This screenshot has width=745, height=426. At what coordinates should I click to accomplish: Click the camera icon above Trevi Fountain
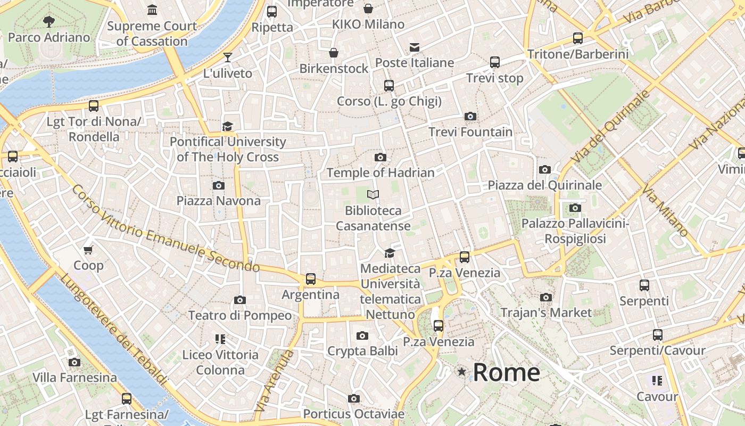[470, 116]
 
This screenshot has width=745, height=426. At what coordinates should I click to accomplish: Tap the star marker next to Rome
[461, 372]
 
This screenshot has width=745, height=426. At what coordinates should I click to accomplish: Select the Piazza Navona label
[218, 201]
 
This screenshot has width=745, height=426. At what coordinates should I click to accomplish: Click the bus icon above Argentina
[310, 278]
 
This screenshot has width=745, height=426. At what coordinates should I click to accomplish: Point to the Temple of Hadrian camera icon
[380, 157]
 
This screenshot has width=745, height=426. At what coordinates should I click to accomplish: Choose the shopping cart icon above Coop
[88, 249]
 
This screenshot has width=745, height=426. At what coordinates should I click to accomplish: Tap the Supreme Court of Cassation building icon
[152, 10]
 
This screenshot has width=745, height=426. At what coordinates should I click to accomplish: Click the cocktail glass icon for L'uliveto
[228, 57]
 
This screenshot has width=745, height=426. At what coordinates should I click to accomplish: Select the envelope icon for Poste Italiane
[415, 47]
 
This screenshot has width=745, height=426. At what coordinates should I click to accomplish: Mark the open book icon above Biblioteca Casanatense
[373, 195]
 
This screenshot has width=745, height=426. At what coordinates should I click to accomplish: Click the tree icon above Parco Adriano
[49, 22]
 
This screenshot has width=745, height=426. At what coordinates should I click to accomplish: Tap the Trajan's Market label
[546, 313]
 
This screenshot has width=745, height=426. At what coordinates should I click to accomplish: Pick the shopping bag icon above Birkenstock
[333, 53]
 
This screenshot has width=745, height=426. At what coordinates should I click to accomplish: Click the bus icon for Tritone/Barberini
[577, 38]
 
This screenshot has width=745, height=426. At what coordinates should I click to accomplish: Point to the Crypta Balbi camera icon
[362, 335]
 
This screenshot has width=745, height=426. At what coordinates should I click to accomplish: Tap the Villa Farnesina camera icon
[74, 362]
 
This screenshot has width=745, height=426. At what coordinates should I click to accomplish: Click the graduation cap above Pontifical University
[228, 126]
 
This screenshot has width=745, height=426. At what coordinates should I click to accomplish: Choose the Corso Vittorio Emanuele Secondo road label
[165, 229]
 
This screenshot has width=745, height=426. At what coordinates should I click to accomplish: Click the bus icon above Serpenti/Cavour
[657, 335]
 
